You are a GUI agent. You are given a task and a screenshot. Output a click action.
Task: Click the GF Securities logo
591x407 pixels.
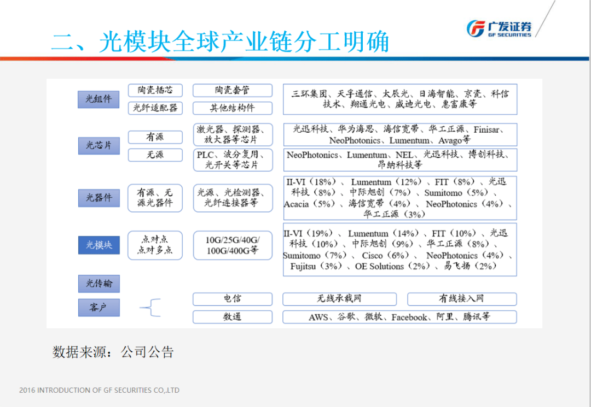tap(499, 28)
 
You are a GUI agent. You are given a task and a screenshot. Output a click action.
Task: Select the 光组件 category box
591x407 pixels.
tap(99, 99)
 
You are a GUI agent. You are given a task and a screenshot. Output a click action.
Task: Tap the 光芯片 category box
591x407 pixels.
tap(99, 145)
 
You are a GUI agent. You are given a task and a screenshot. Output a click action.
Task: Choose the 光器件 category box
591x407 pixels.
tap(99, 198)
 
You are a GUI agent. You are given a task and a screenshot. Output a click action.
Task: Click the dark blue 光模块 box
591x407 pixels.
tap(99, 245)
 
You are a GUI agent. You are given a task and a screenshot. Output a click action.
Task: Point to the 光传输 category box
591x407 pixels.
tap(99, 284)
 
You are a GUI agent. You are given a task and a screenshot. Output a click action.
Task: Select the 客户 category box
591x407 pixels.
tap(99, 308)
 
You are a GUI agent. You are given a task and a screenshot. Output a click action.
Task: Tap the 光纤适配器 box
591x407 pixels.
tap(155, 108)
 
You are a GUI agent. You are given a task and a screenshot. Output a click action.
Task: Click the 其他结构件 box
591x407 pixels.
tap(233, 108)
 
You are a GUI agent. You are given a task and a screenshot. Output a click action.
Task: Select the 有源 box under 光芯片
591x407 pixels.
tap(155, 137)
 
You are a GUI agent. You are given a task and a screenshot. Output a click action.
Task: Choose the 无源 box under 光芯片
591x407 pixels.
tap(155, 155)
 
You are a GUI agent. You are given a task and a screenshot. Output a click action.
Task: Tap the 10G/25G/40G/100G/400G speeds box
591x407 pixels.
tap(233, 245)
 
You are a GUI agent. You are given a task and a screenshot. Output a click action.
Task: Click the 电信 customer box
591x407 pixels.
tap(233, 299)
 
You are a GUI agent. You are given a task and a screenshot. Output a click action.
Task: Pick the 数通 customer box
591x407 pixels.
tap(233, 316)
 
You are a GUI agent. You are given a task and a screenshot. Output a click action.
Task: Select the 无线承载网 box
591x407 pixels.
tap(339, 299)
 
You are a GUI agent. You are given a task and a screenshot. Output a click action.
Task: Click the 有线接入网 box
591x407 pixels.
tap(462, 299)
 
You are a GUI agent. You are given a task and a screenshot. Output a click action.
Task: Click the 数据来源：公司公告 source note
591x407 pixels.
tap(113, 352)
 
